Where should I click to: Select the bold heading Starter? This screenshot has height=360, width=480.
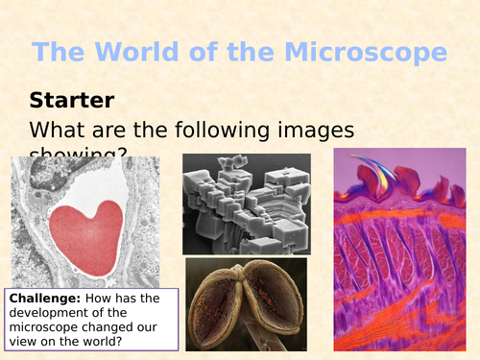pos(71,99)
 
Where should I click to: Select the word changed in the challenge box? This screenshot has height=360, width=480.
pos(117,326)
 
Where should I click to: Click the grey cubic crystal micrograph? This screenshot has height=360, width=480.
pos(245,203)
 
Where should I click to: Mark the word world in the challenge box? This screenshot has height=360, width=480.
pos(106,341)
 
